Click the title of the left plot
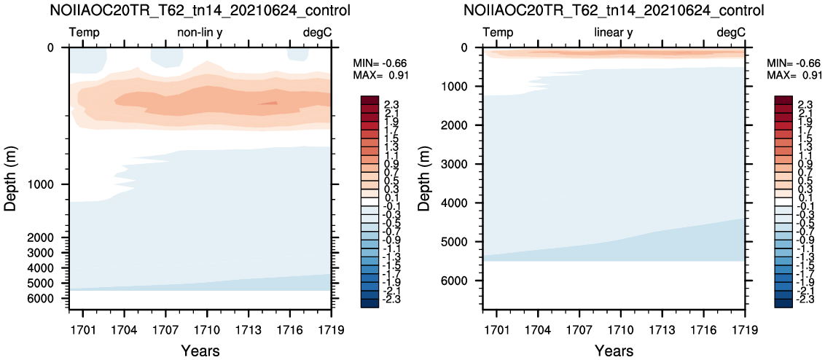point(200,10)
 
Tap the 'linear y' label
point(614,34)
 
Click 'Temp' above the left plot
point(85,34)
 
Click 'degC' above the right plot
point(731,34)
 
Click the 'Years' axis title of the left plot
point(200,351)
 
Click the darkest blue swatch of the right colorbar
point(783,302)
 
